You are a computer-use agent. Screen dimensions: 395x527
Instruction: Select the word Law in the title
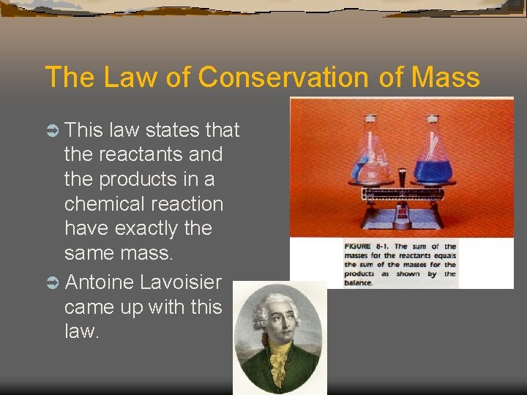[x=133, y=77]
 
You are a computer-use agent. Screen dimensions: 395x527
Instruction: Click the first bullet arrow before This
[x=52, y=130]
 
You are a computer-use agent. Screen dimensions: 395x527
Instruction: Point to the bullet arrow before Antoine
[x=52, y=282]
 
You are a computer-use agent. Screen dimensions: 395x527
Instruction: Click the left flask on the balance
[x=374, y=157]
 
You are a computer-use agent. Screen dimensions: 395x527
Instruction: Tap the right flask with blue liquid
[x=433, y=157]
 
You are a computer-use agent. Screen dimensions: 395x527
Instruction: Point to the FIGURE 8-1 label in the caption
[x=367, y=247]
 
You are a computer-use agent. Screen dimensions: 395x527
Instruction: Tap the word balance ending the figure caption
[x=359, y=282]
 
